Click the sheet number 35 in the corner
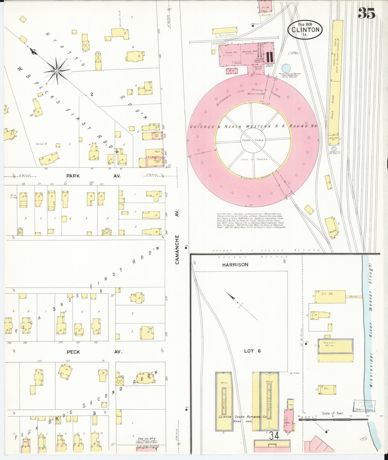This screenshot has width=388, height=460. (367, 13)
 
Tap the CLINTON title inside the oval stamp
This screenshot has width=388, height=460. (305, 30)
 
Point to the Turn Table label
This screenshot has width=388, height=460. (253, 140)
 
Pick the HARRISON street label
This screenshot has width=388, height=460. (235, 265)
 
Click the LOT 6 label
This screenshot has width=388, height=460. (252, 351)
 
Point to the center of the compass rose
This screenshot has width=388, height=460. (57, 71)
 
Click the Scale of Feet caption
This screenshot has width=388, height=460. (332, 413)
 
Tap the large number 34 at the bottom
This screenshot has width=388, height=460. (274, 436)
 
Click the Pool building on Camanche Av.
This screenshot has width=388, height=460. (157, 152)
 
